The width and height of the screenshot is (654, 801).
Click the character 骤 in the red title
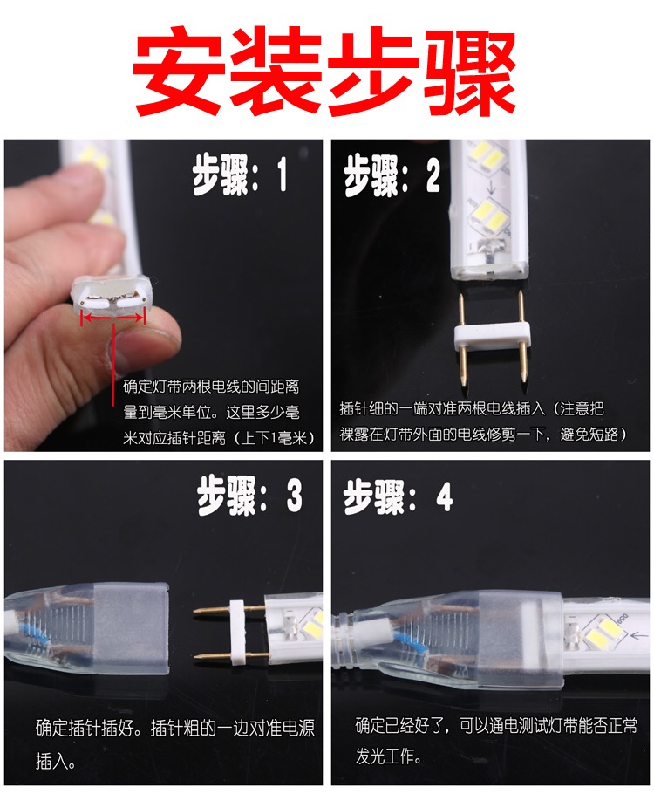[470, 71]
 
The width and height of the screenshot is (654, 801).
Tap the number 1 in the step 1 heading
[282, 175]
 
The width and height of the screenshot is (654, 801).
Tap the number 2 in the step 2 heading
[433, 175]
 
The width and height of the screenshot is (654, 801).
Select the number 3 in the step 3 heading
[294, 495]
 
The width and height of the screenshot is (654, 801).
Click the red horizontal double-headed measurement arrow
[113, 318]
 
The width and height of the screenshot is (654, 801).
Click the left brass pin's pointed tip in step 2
[462, 384]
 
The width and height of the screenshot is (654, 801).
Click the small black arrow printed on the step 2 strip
[491, 189]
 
